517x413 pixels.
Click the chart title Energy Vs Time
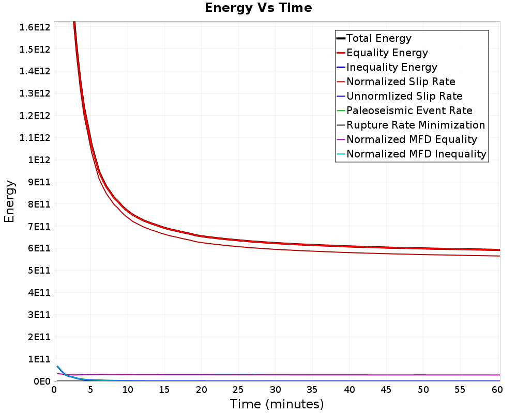click(258, 8)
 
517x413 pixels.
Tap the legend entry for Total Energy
click(379, 38)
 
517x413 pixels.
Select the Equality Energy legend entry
click(387, 53)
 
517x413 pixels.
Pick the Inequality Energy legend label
click(392, 67)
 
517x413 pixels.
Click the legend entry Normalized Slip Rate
click(401, 82)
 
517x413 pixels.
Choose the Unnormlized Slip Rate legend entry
click(405, 96)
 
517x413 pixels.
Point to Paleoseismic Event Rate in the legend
click(409, 110)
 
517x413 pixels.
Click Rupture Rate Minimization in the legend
click(416, 125)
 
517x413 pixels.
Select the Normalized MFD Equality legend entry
click(412, 139)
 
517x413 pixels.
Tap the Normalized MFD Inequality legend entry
click(416, 154)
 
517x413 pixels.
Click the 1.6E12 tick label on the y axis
click(35, 27)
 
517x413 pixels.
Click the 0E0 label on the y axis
click(42, 382)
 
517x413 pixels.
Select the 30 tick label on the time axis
click(276, 390)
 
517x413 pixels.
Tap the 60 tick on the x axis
click(497, 390)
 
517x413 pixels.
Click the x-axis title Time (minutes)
click(277, 404)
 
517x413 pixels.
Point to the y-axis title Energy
click(9, 201)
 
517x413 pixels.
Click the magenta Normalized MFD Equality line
click(277, 375)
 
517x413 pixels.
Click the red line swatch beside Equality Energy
click(341, 53)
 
